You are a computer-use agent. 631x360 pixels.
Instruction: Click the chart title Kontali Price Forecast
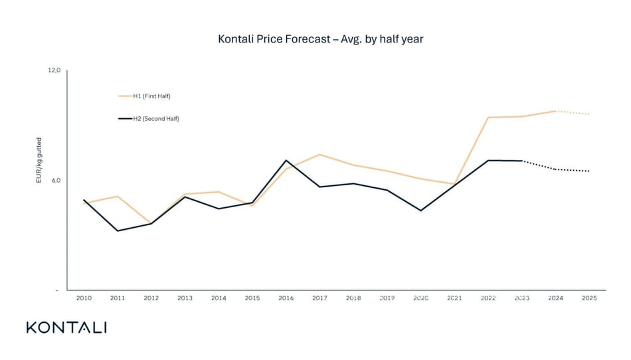[320, 39]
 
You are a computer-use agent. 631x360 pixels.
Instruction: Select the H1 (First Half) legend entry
[151, 96]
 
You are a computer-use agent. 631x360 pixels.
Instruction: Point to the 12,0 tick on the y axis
[54, 70]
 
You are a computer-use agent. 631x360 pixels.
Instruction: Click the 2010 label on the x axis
[84, 299]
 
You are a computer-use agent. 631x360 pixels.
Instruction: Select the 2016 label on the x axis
[286, 299]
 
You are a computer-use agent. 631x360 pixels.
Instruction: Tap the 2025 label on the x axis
[589, 299]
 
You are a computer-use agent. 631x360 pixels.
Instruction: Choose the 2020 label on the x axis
[420, 299]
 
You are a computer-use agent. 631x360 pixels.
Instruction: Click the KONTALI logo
[66, 327]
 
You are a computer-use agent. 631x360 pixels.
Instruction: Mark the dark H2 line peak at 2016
[286, 161]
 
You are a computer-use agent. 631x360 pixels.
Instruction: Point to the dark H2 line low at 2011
[118, 230]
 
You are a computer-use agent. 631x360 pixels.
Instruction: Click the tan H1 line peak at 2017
[319, 155]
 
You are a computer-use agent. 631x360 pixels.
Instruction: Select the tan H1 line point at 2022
[488, 118]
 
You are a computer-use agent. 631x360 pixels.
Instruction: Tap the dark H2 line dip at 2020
[420, 211]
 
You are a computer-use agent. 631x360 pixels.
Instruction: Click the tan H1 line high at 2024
[555, 111]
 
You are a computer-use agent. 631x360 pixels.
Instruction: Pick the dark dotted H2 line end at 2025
[589, 171]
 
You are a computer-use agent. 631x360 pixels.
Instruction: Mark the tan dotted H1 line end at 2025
[589, 114]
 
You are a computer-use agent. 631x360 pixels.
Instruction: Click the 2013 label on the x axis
[185, 299]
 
